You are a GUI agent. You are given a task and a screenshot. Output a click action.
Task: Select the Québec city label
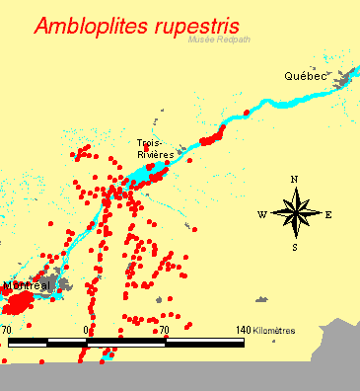click(304, 76)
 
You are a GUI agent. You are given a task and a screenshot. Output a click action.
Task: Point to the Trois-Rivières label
click(156, 148)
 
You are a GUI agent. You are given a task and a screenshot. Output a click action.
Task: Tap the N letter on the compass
click(294, 179)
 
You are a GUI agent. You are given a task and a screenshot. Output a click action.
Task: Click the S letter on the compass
click(294, 248)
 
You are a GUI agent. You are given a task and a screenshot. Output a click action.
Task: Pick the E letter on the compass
click(328, 214)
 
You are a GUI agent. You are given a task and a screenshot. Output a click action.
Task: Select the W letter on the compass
click(261, 214)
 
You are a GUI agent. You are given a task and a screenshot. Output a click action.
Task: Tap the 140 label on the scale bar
click(243, 330)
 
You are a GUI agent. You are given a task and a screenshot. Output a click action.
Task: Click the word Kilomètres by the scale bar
click(273, 330)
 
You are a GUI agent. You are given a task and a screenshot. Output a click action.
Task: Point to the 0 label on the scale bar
click(87, 330)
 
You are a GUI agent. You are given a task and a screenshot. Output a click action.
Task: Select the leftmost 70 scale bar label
click(7, 330)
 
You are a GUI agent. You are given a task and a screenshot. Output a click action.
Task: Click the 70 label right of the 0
click(165, 330)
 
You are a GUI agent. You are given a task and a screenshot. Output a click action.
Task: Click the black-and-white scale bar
click(126, 342)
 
